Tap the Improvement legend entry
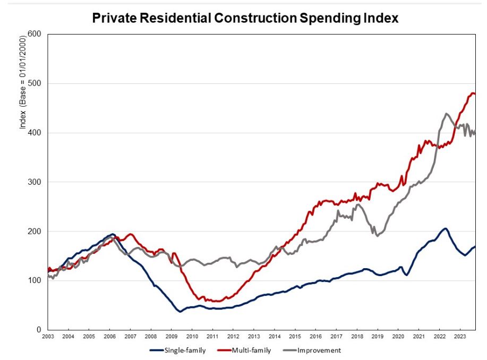click(319, 350)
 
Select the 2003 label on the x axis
click(48, 337)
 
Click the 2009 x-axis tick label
click(172, 337)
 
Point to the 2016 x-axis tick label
click(316, 337)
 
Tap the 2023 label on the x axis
click(460, 337)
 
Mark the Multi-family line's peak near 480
click(472, 93)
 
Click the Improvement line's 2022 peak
click(446, 114)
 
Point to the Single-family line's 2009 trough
click(180, 311)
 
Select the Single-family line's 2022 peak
click(446, 228)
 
